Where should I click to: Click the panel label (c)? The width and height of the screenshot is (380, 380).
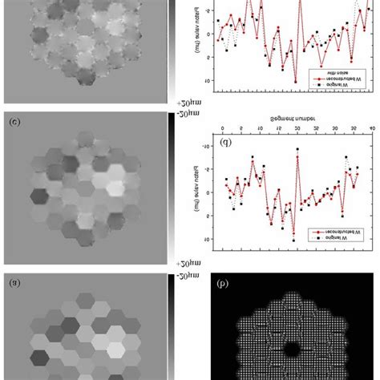click(13, 122)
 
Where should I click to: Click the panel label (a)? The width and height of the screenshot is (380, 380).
click(13, 282)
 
